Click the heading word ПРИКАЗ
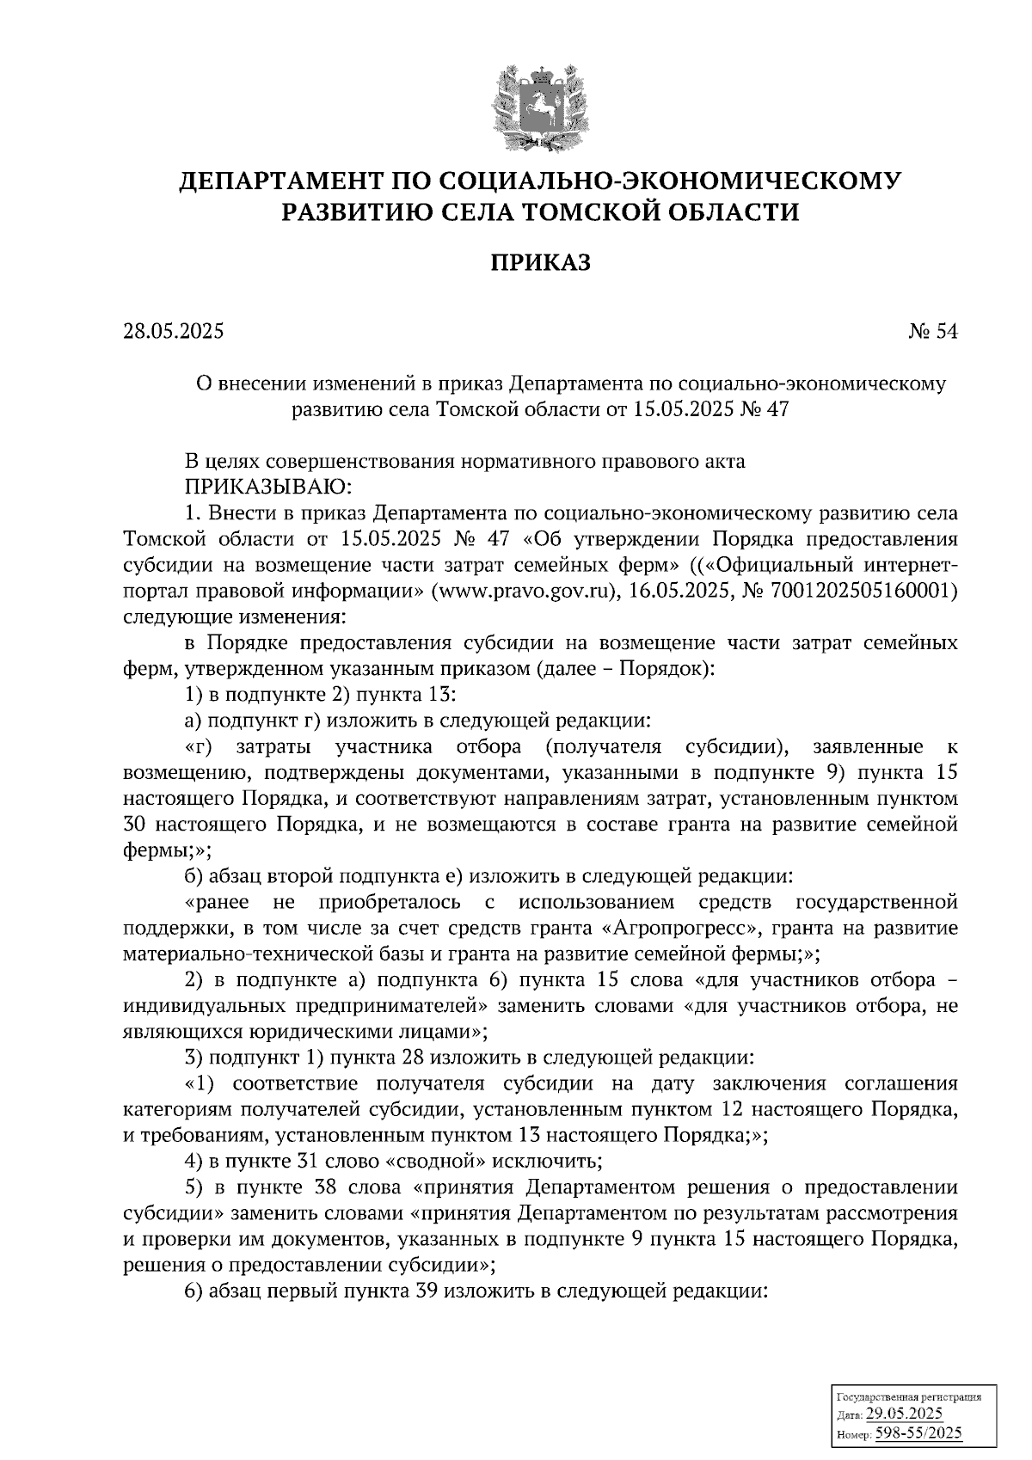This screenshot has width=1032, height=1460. (541, 261)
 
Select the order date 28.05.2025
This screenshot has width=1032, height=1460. (173, 332)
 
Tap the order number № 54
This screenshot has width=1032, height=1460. (932, 332)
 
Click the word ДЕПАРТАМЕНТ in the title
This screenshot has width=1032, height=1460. (280, 181)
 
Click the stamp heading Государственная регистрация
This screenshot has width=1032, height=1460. (908, 1397)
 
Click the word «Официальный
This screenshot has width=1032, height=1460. (781, 565)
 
